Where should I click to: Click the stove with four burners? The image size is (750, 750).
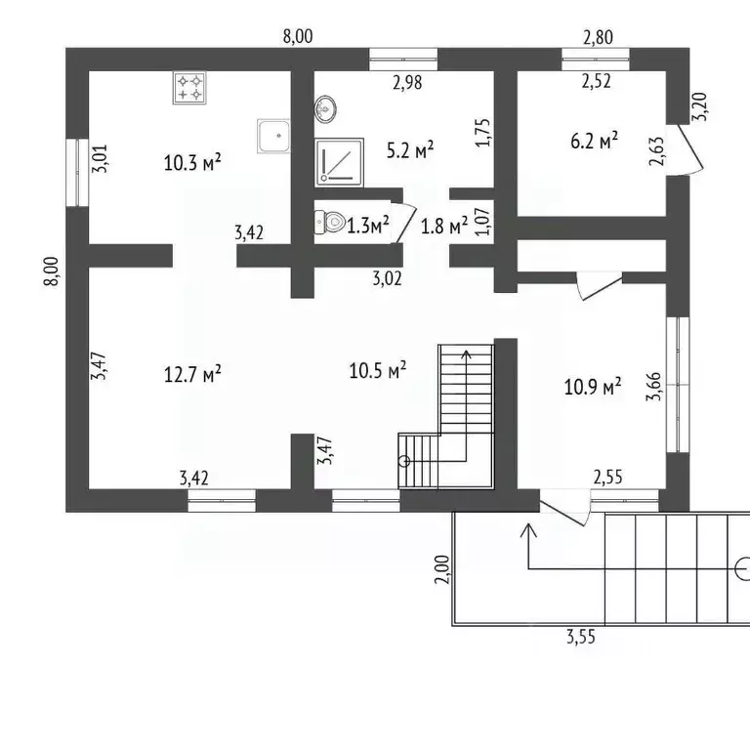coord(189,88)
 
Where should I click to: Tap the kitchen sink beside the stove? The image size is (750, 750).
coord(273,136)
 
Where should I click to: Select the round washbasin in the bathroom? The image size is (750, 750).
coord(325,109)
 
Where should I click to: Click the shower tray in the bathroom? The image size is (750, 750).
coord(339,163)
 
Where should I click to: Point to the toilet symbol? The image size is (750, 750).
coord(330,223)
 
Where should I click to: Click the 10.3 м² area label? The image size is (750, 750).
coord(192,163)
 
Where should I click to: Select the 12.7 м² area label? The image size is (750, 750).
coord(192,374)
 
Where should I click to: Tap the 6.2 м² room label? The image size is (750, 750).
coord(594,141)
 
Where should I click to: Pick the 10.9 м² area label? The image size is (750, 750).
coord(593,387)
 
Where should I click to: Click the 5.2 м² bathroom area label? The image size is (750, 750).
coord(410,149)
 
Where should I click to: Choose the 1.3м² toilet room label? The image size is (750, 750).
coord(368,225)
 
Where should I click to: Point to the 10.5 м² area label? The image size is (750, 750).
coord(377,370)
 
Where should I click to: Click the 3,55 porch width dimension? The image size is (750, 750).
coord(581,637)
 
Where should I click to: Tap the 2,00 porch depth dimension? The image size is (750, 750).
coord(442,569)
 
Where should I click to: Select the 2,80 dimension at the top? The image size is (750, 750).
coord(598,37)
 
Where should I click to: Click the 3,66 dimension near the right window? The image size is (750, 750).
coord(653,387)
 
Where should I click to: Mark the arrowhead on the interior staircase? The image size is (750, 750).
coord(467,354)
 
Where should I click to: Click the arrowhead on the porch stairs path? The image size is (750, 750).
coord(528,529)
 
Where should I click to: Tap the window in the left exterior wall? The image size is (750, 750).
coord(77,172)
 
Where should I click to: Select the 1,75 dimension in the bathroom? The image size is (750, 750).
coord(483,133)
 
